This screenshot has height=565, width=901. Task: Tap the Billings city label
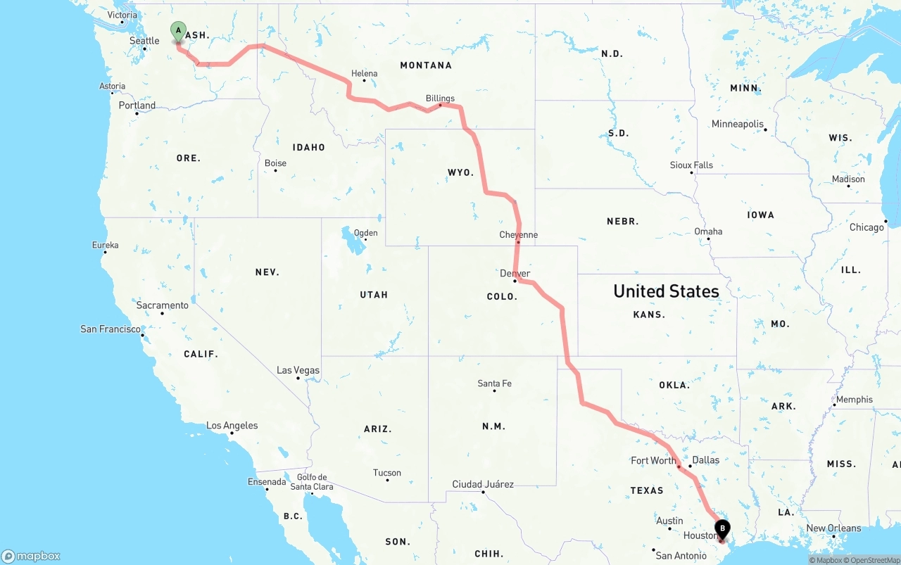tap(440, 99)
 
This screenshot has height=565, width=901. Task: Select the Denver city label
tap(515, 273)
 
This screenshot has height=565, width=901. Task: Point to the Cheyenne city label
tap(518, 235)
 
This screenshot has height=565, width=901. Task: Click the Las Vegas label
tap(298, 370)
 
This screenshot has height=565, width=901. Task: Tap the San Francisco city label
tap(111, 329)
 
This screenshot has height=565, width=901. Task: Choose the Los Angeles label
tap(232, 426)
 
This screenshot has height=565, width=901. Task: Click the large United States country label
tap(666, 291)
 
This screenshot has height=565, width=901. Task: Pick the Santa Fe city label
tap(494, 383)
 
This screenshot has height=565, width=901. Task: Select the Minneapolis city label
tap(737, 124)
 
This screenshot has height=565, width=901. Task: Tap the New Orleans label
tap(833, 528)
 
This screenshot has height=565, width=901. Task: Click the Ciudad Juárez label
tap(483, 484)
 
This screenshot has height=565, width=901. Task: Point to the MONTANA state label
tap(426, 65)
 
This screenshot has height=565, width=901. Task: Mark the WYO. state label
tap(460, 172)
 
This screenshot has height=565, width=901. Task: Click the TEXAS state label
tap(647, 490)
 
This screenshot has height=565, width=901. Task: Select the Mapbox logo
tap(31, 556)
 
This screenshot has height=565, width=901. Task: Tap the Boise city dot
tap(275, 171)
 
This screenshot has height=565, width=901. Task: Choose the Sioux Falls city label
tap(691, 165)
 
